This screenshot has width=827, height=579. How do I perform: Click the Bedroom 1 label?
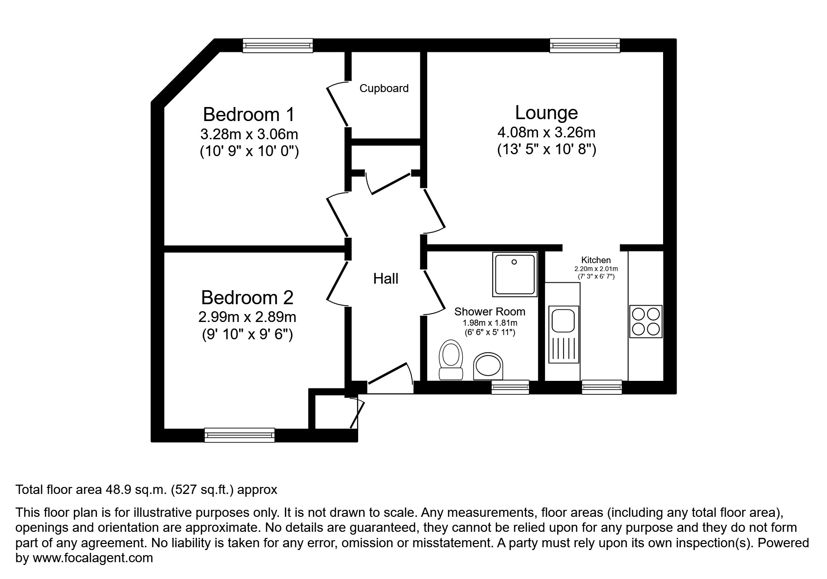tap(249, 114)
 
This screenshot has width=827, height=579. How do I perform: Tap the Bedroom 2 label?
tap(247, 298)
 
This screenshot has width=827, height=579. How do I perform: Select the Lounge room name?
tap(546, 113)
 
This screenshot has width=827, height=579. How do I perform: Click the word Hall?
tap(386, 279)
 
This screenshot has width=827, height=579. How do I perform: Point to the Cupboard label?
tap(384, 88)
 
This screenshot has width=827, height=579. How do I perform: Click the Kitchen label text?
tap(596, 260)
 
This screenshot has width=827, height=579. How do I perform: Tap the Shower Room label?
tap(489, 312)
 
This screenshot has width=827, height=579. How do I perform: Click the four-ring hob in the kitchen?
tap(646, 322)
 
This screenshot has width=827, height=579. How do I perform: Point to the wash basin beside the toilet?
tap(489, 366)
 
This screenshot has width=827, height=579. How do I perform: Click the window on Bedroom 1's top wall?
tap(277, 45)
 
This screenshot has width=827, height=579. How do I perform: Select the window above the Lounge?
tap(585, 45)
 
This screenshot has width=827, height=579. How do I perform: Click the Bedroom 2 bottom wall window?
tap(240, 435)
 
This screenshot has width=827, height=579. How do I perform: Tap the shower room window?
tap(510, 387)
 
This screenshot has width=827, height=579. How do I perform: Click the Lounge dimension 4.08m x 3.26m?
tap(546, 132)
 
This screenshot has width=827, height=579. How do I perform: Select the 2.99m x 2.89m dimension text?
tap(247, 317)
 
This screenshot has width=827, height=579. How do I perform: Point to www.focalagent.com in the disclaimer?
tap(92, 558)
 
